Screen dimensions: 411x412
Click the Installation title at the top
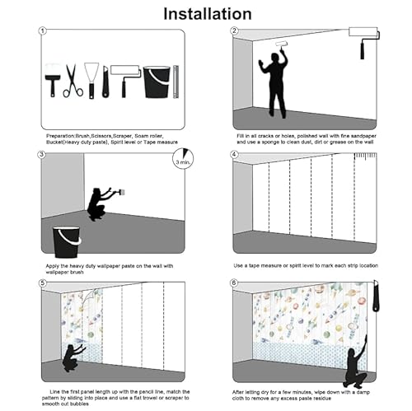point(207,13)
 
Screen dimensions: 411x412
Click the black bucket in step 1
point(156,82)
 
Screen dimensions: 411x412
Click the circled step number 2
point(235,31)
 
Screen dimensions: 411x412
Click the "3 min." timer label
point(185,163)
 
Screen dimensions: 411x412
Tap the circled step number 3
point(42,154)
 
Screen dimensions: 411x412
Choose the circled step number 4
point(235,154)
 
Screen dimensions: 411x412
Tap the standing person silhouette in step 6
point(354,365)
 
